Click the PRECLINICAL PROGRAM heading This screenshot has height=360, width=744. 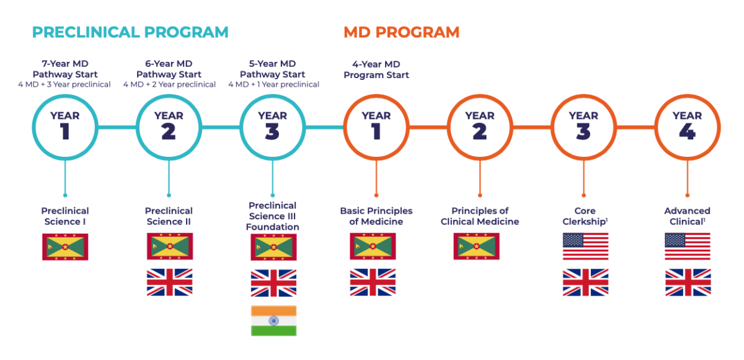pos(130,32)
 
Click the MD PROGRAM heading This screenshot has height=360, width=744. pos(402,32)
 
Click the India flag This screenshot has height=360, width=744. pos(273,320)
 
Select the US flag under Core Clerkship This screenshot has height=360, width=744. pos(585,246)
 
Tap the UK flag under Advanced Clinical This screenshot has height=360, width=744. pos(688,283)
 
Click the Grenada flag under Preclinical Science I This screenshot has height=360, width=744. pos(65,247)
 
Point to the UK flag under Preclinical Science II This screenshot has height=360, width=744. pos(170,282)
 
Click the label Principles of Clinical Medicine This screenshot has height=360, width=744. pos(480,216)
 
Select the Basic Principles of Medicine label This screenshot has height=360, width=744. pos(376,216)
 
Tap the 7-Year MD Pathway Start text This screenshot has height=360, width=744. pos(65,69)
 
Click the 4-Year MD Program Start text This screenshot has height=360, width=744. pos(376,69)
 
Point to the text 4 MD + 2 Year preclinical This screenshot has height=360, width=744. pos(169,85)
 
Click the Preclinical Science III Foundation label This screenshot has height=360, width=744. pos(273,216)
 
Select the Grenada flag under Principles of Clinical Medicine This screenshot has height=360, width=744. pos(477,246)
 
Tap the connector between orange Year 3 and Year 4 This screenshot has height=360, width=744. pos(635,128)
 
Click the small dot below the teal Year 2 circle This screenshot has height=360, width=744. pos(169,195)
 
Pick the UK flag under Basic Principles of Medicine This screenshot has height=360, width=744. pos(373,282)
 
